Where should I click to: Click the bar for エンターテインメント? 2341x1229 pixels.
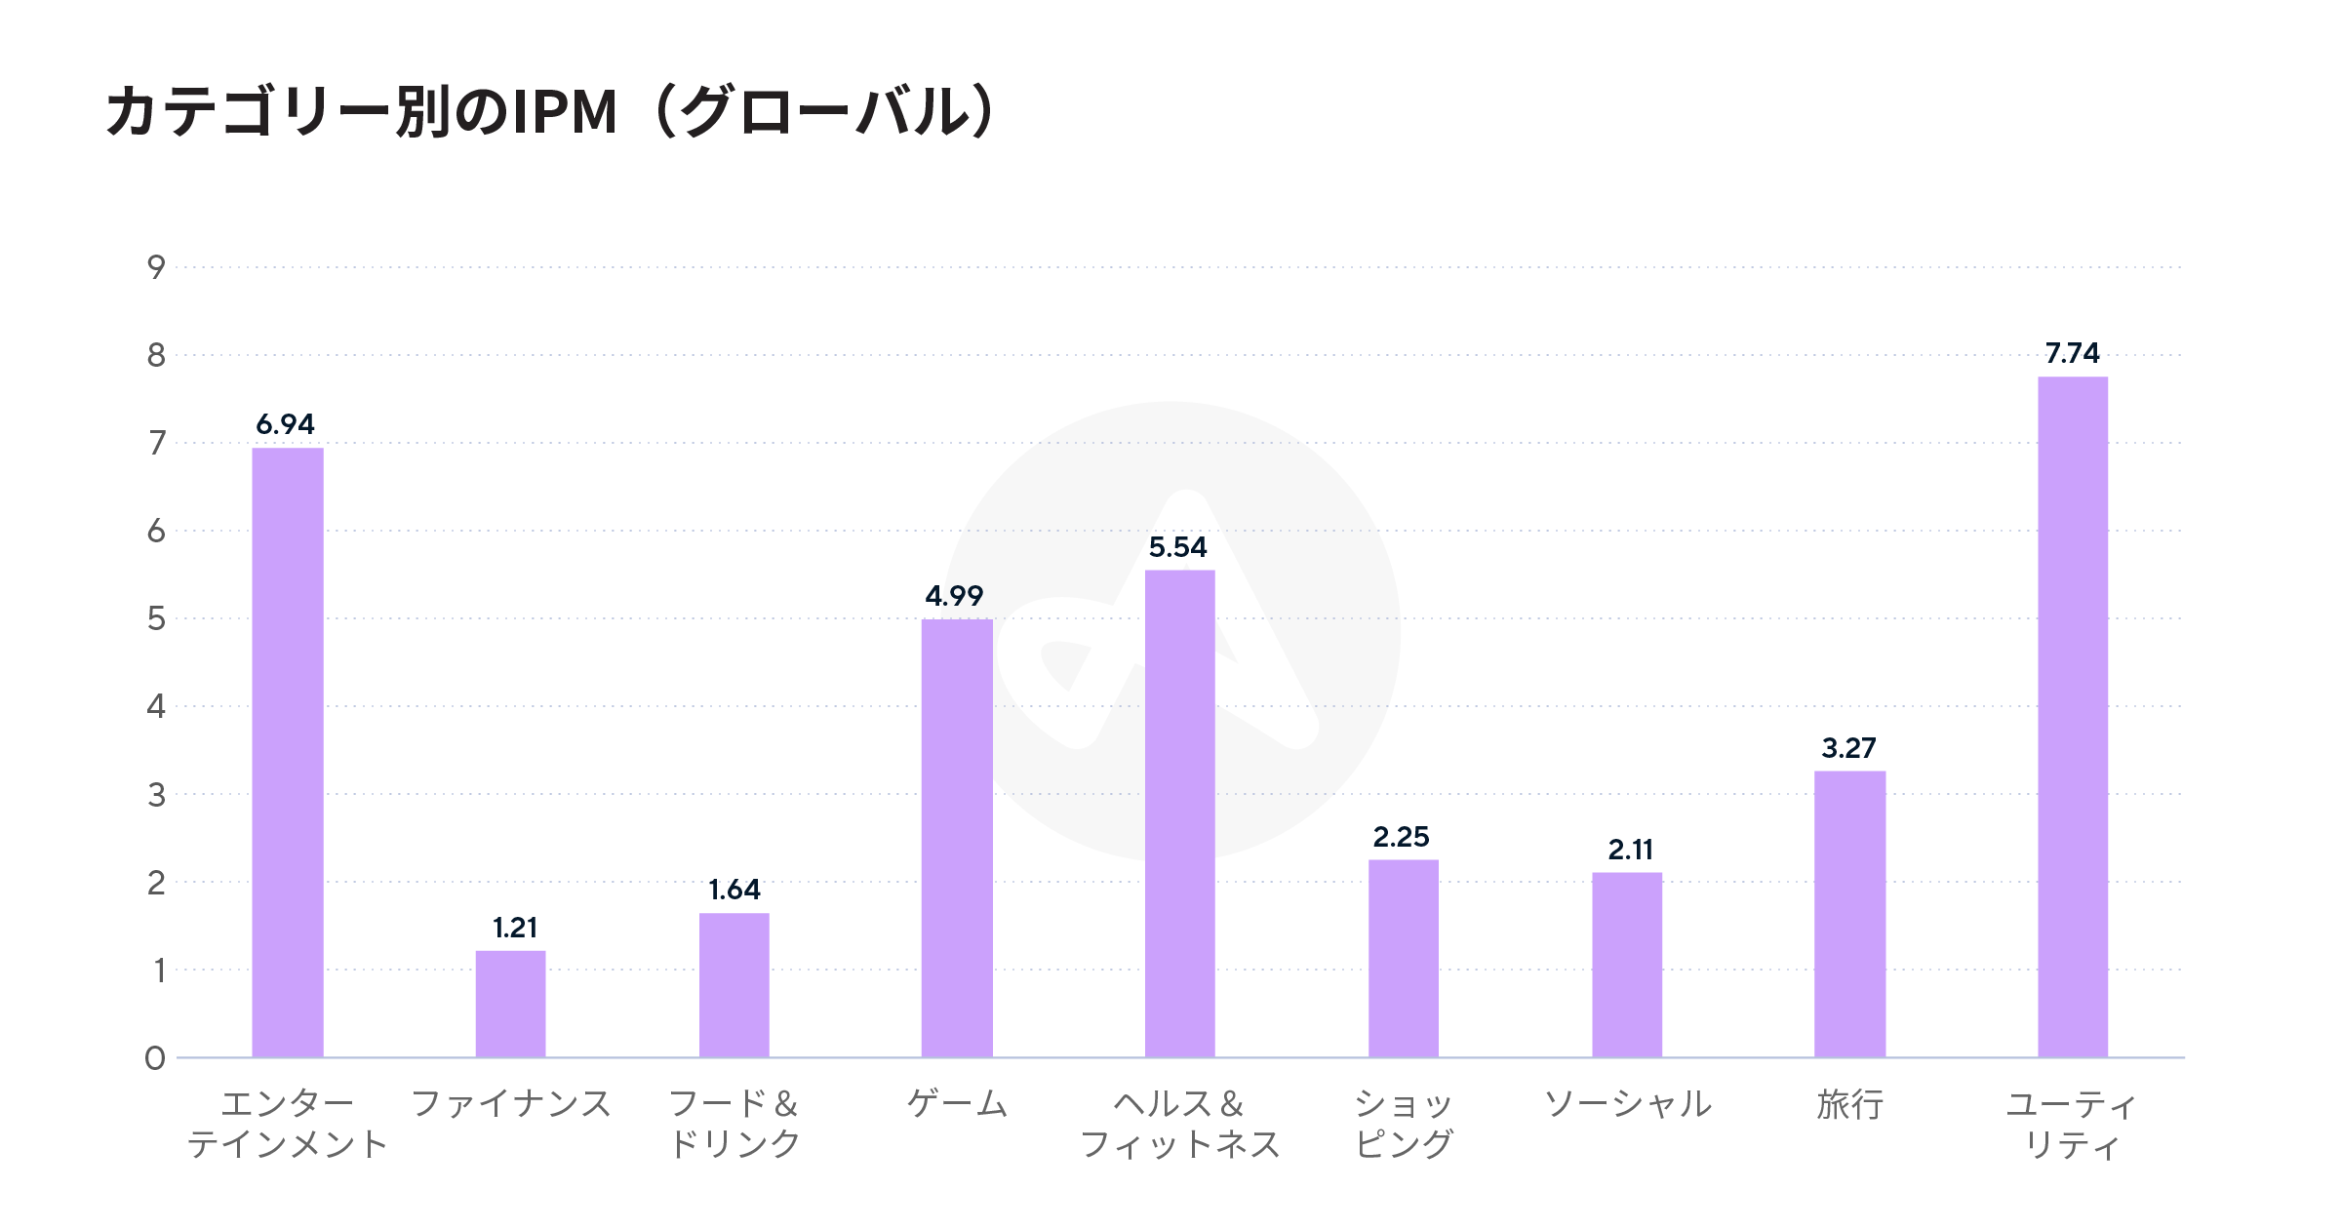pyautogui.click(x=288, y=752)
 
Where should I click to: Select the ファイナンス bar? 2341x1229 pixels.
pyautogui.click(x=510, y=1004)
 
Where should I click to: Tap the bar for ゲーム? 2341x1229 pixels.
pyautogui.click(x=957, y=838)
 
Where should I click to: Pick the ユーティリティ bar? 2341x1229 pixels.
pyautogui.click(x=2073, y=717)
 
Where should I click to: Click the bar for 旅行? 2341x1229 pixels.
pyautogui.click(x=1849, y=914)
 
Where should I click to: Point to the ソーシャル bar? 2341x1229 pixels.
pyautogui.click(x=1627, y=965)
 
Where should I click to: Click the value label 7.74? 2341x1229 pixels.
pyautogui.click(x=2072, y=353)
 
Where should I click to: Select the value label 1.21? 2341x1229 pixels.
pyautogui.click(x=514, y=928)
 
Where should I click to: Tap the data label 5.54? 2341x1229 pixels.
pyautogui.click(x=1177, y=547)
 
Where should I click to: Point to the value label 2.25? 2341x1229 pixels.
pyautogui.click(x=1401, y=837)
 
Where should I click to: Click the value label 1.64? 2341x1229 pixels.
pyautogui.click(x=734, y=890)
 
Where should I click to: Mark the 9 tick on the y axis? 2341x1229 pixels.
pyautogui.click(x=156, y=267)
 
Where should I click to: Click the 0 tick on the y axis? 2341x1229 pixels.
pyautogui.click(x=155, y=1058)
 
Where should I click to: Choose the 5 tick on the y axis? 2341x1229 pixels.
pyautogui.click(x=156, y=618)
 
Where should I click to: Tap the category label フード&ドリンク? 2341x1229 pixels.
pyautogui.click(x=734, y=1124)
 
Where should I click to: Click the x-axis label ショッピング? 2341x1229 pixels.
pyautogui.click(x=1404, y=1124)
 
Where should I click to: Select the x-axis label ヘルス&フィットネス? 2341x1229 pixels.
pyautogui.click(x=1179, y=1124)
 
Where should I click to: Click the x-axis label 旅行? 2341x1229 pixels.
pyautogui.click(x=1849, y=1105)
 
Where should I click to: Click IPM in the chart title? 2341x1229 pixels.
pyautogui.click(x=565, y=112)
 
